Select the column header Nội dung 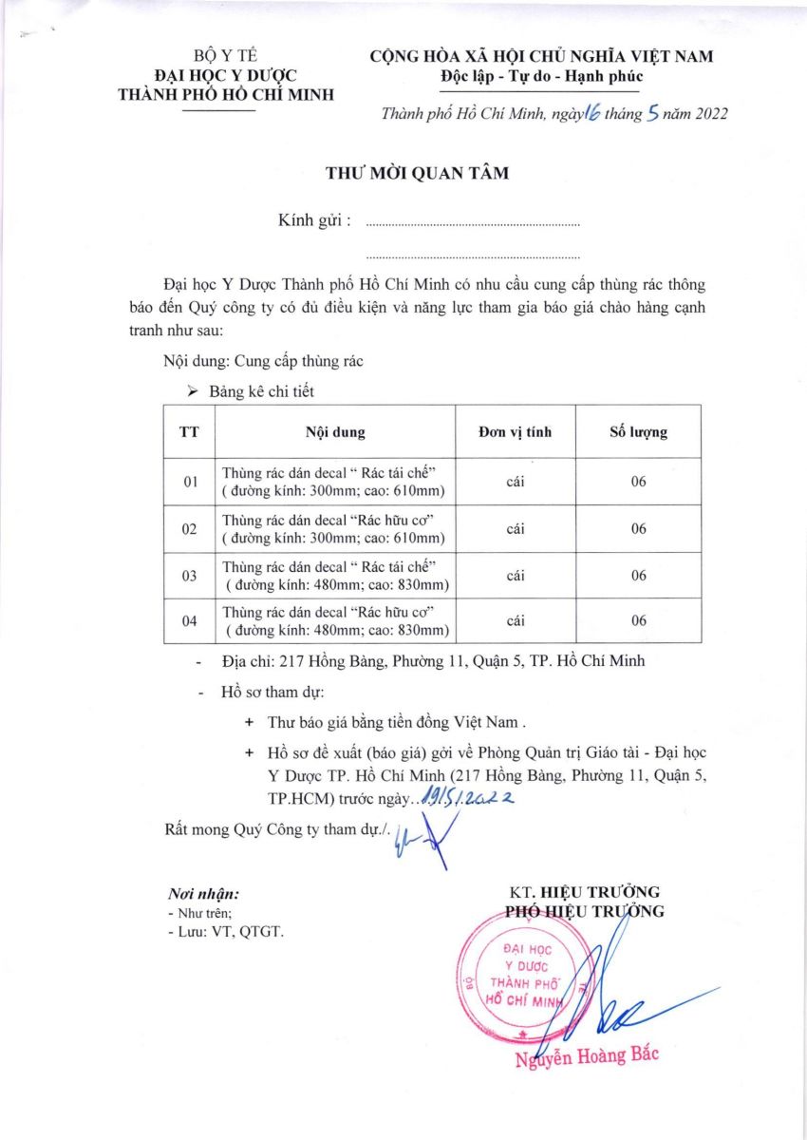[x=335, y=432]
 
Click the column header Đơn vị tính [x=516, y=432]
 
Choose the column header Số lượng [x=638, y=432]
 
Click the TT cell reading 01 [x=190, y=483]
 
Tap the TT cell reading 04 [x=190, y=621]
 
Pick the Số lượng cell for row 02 [x=638, y=529]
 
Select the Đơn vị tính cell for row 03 [x=516, y=576]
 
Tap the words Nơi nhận [x=203, y=894]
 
